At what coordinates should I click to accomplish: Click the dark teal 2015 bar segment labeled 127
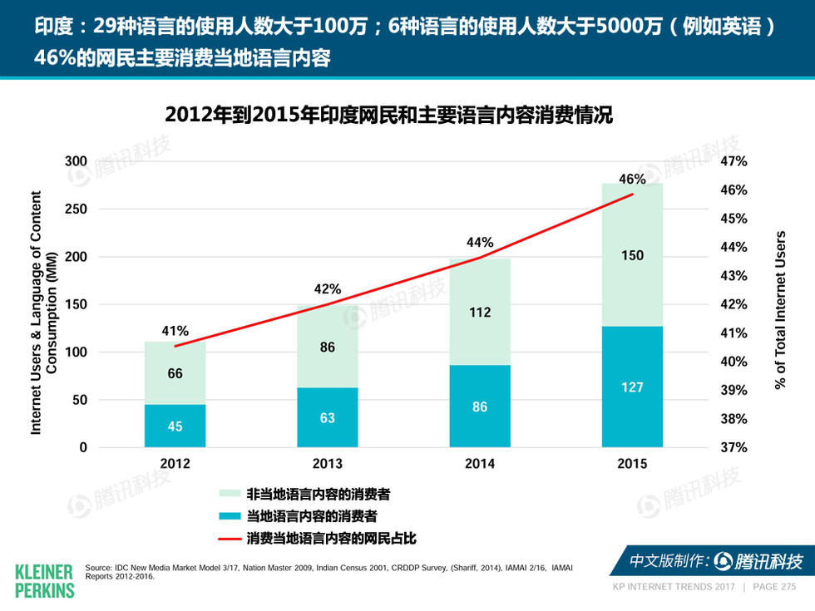(x=632, y=387)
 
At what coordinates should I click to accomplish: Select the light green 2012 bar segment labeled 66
(x=175, y=373)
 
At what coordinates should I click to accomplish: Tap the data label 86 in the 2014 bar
(x=480, y=407)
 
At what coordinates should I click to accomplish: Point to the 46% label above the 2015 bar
(x=632, y=179)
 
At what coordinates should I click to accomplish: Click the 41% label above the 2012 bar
(x=175, y=331)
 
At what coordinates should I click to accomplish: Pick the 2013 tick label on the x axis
(x=327, y=464)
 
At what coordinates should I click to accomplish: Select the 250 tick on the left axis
(x=77, y=209)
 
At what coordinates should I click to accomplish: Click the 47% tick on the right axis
(x=733, y=161)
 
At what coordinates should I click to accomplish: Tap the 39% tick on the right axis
(x=733, y=390)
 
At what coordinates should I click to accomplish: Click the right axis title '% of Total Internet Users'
(x=780, y=310)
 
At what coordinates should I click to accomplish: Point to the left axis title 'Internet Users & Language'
(x=43, y=312)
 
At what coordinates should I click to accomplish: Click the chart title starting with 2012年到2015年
(x=388, y=115)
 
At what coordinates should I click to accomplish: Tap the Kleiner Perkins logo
(x=44, y=579)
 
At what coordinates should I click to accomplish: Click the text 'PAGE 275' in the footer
(x=773, y=587)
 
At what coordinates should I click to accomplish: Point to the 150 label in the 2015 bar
(x=632, y=255)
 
